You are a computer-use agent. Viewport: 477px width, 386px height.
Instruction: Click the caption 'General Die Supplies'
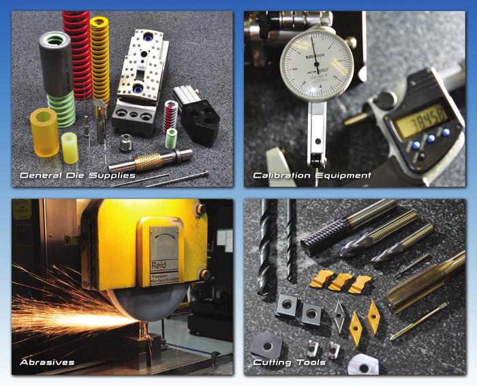(x=77, y=176)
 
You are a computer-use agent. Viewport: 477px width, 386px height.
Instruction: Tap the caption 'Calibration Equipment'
(x=312, y=176)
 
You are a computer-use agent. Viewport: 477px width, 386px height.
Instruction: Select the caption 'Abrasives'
(x=47, y=361)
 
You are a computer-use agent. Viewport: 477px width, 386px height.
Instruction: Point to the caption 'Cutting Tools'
(x=289, y=362)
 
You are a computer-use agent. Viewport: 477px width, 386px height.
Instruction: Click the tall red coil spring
(x=76, y=48)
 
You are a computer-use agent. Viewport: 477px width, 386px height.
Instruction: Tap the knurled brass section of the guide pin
(x=147, y=162)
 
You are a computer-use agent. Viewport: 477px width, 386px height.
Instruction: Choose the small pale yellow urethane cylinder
(x=70, y=148)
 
